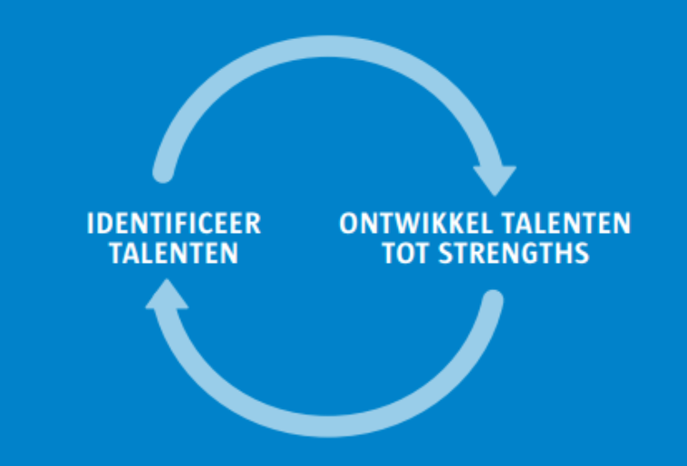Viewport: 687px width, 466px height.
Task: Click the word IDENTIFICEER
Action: tap(173, 223)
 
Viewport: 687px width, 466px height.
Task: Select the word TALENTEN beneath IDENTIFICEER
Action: tap(173, 253)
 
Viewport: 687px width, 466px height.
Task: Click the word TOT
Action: tap(405, 253)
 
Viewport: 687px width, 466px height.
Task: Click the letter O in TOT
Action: tap(405, 253)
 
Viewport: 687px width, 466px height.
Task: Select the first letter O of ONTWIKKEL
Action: tap(350, 223)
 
